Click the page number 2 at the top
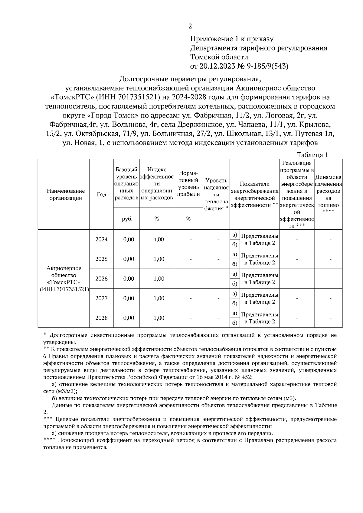coord(190,26)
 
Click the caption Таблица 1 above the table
coord(312,155)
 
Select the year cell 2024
coord(101,239)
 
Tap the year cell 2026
coord(101,279)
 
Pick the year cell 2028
coord(101,318)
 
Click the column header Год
coord(101,195)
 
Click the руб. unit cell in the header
coord(126,219)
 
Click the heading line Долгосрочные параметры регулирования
coord(190,79)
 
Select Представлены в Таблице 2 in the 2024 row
coord(260,239)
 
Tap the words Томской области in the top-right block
coord(219,57)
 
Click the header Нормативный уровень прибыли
coord(188,184)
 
